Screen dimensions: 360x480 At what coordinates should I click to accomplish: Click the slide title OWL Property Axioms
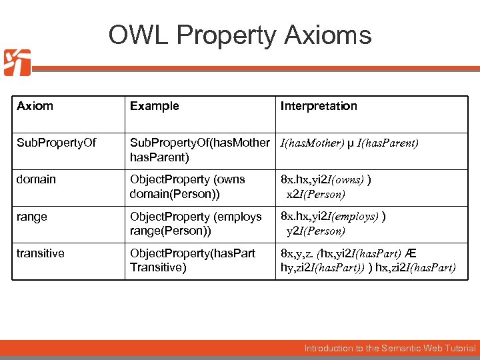[240, 35]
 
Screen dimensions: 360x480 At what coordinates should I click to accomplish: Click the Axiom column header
[35, 106]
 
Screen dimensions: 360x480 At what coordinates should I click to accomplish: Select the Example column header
[154, 106]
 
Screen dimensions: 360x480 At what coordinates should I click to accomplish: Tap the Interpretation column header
[319, 106]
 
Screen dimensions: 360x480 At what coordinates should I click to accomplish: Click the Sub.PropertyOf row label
[57, 143]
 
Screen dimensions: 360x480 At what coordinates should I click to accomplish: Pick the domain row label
[37, 179]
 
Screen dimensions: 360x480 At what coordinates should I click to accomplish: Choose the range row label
[32, 217]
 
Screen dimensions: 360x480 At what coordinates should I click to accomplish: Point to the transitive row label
[41, 253]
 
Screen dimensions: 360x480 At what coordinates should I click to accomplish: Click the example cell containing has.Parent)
[199, 150]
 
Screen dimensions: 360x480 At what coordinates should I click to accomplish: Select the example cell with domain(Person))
[187, 187]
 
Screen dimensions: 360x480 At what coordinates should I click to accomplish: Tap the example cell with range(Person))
[195, 224]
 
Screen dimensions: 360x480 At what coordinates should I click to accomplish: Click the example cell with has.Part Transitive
[192, 261]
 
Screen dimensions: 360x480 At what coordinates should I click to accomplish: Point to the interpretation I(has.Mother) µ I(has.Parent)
[349, 143]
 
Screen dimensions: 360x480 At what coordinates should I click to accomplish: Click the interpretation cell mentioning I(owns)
[326, 187]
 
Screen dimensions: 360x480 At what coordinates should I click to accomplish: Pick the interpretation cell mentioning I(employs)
[333, 224]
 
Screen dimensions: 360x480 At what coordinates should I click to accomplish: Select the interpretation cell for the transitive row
[368, 261]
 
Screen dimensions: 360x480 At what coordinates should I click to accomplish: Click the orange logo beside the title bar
[17, 63]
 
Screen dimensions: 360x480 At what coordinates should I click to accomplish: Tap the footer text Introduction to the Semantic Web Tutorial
[390, 348]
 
